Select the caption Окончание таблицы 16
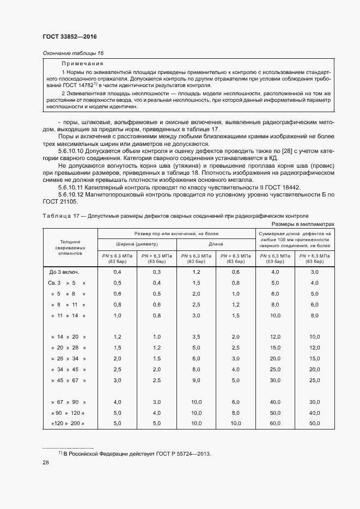(x=72, y=53)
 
